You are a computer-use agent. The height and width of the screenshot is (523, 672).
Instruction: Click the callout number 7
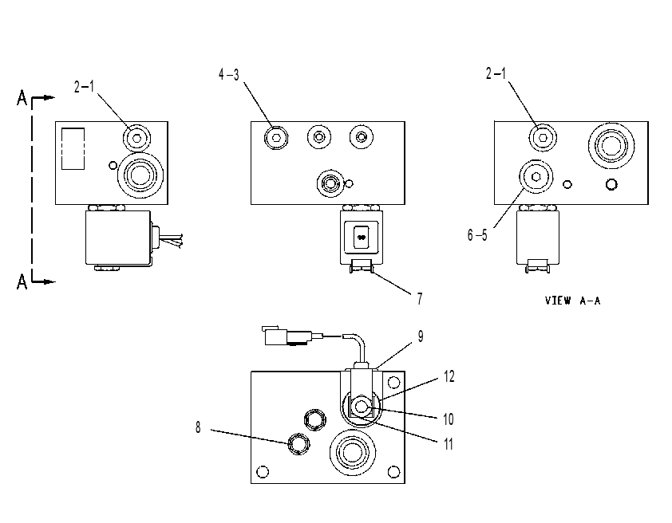420,298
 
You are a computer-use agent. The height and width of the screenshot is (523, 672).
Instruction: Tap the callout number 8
198,427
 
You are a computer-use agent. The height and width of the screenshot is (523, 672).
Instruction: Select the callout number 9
421,336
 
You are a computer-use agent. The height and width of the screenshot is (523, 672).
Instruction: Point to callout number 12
449,376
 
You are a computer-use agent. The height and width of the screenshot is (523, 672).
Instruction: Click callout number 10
449,419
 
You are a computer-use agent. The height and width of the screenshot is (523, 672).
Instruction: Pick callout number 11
449,444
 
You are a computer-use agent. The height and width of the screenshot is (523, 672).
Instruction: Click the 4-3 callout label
229,74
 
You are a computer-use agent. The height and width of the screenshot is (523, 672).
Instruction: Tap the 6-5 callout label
477,235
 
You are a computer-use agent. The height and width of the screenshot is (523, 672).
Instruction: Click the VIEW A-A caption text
572,301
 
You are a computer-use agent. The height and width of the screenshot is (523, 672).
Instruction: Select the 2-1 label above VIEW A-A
496,73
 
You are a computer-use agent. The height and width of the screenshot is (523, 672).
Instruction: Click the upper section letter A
22,97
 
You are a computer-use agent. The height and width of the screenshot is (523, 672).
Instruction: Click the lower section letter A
22,281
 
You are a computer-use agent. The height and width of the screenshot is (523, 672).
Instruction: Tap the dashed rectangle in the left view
73,148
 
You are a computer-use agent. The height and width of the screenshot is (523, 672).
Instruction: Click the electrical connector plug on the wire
285,336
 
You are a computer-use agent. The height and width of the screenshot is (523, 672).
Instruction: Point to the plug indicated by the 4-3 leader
276,137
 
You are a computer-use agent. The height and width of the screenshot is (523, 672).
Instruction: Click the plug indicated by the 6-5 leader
536,177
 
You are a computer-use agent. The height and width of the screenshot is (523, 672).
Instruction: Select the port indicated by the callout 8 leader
298,443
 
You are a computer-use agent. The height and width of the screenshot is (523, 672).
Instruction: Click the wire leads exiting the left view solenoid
172,240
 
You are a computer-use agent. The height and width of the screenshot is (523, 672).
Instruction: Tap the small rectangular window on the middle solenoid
362,237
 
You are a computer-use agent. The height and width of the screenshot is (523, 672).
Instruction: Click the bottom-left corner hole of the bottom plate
263,472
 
